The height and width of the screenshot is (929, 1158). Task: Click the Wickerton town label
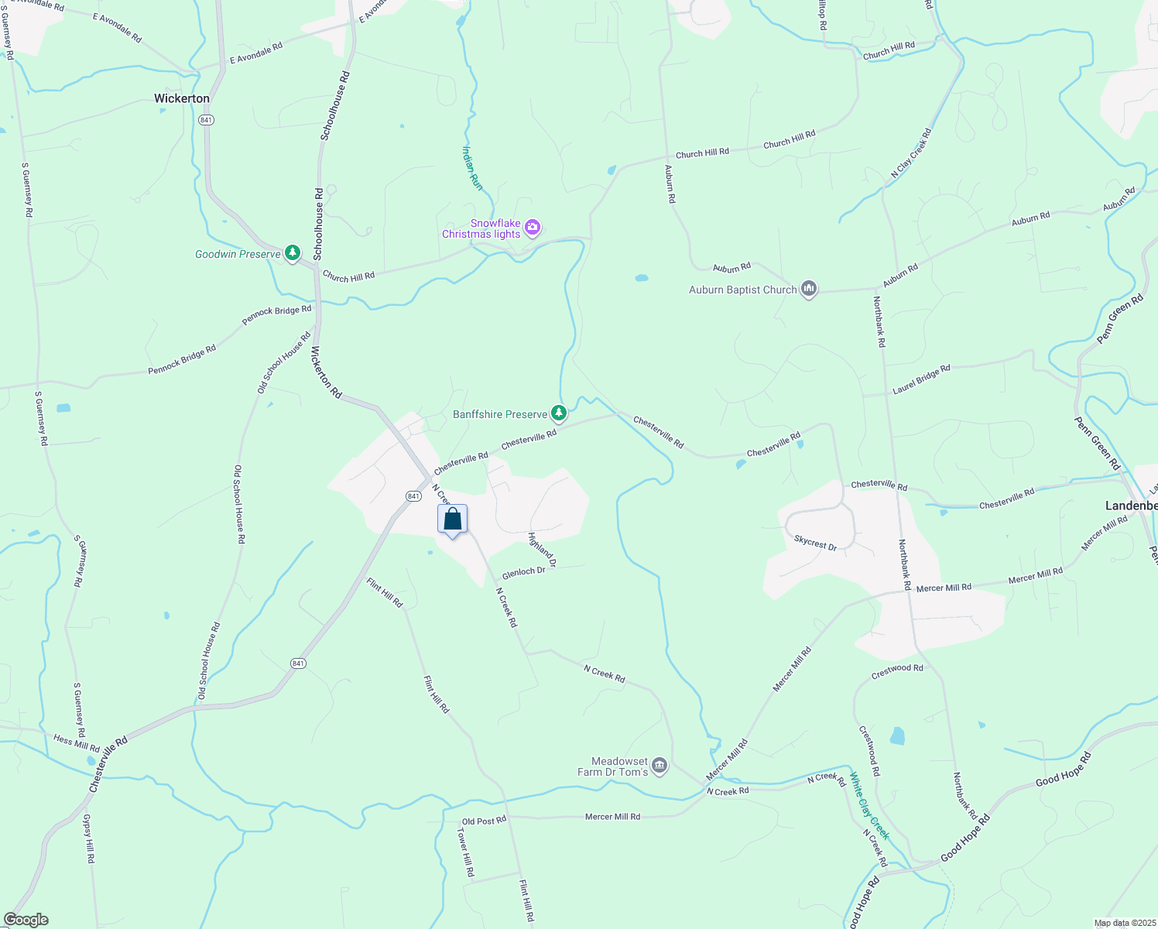(x=182, y=98)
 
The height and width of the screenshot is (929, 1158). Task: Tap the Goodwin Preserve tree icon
(x=292, y=253)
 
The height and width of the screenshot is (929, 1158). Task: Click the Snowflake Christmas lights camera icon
(x=532, y=228)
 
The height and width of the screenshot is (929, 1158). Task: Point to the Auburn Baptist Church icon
(x=809, y=290)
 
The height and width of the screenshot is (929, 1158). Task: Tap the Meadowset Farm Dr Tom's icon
(x=660, y=766)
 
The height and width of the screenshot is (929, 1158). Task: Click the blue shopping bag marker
(x=453, y=519)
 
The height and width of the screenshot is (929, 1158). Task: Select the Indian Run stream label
(x=472, y=167)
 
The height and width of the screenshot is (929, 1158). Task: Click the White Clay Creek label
(x=869, y=806)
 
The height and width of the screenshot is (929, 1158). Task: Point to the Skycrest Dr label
(x=816, y=543)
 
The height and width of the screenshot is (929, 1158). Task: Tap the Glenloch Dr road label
(x=524, y=572)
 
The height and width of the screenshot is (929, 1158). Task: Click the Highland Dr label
(x=542, y=550)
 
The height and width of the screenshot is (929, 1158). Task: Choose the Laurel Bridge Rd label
(x=921, y=379)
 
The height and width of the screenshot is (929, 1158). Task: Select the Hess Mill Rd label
(x=77, y=743)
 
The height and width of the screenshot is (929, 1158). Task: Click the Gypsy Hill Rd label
(x=88, y=839)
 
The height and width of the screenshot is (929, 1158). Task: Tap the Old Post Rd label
(x=484, y=821)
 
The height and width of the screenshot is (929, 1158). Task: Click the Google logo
(x=26, y=920)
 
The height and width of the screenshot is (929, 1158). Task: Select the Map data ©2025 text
(x=1124, y=923)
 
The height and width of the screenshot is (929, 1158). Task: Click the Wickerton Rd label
(x=326, y=372)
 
